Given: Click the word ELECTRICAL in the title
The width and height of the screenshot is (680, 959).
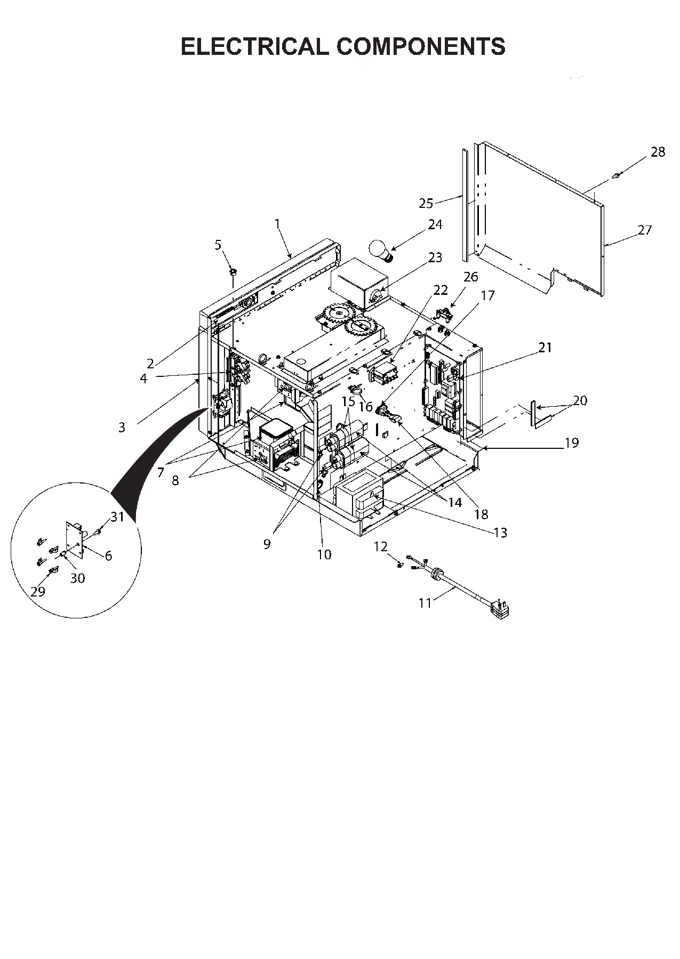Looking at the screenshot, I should [255, 47].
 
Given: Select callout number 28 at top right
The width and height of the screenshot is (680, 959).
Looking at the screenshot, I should [658, 152].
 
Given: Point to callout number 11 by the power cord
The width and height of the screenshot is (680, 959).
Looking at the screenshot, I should [425, 603].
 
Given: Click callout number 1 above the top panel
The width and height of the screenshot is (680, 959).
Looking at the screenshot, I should [277, 224].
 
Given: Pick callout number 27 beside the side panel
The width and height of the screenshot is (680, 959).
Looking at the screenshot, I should [644, 230].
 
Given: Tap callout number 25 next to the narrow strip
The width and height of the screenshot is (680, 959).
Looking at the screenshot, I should [426, 203].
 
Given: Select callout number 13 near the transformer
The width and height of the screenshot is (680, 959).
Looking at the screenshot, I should [500, 533].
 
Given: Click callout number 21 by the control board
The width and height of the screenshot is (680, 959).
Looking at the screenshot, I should [545, 348].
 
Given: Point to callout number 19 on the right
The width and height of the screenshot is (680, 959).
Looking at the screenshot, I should [571, 442].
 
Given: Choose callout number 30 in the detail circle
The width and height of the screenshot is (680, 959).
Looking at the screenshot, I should [78, 578].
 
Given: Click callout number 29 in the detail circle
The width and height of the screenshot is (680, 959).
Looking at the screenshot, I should [38, 591].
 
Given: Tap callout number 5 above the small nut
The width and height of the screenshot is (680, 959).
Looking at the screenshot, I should [218, 245].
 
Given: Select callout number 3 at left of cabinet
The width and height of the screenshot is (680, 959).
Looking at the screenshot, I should [122, 427].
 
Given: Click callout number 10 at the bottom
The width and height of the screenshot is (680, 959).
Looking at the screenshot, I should [324, 554].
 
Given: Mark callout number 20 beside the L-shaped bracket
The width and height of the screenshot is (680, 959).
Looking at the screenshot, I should [579, 400].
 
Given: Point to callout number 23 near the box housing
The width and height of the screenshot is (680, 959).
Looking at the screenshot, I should [435, 257].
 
